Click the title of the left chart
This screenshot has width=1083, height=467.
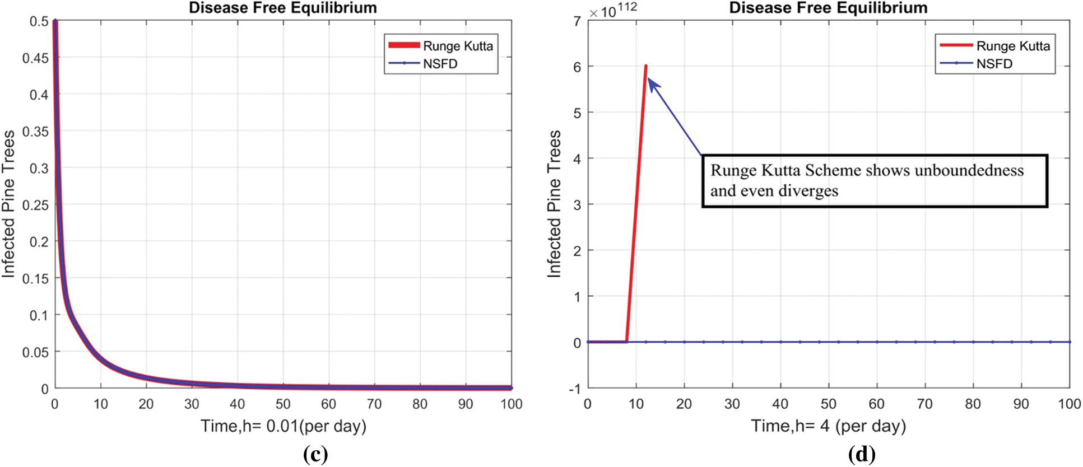282,8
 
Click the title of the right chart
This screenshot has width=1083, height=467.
828,8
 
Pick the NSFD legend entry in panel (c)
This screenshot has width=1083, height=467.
440,64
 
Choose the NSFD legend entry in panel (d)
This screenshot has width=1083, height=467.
994,64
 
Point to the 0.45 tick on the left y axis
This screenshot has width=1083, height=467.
35,58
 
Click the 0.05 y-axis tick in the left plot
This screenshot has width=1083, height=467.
35,352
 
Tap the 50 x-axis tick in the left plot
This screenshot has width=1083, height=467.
282,404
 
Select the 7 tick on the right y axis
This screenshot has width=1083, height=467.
577,21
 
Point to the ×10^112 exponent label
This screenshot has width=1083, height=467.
612,10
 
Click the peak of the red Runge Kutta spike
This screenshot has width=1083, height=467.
645,66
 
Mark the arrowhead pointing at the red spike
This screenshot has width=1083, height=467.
652,82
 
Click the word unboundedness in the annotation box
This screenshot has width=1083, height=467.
969,170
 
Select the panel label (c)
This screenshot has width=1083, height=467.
315,454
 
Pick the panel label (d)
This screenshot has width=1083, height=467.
861,454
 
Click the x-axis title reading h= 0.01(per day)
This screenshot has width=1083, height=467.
283,426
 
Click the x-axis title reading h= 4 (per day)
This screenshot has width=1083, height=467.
828,426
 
